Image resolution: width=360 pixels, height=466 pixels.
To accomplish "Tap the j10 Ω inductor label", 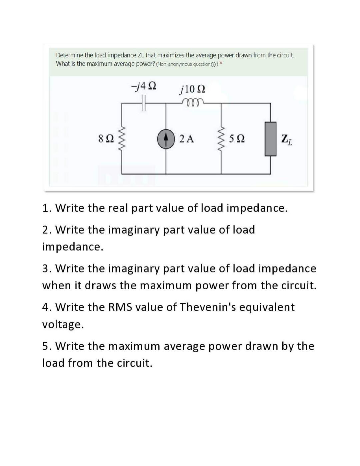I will click(192, 89).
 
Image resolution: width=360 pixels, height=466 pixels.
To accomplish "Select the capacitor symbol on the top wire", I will click(144, 103).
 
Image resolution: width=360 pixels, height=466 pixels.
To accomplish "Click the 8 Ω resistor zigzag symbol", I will click(121, 138).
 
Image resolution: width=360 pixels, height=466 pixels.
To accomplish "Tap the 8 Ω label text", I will click(106, 139).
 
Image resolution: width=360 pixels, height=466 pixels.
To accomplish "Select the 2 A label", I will click(186, 139).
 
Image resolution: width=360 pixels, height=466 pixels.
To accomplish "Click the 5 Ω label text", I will click(237, 139).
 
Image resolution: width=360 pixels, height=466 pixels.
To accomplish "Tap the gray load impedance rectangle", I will click(270, 139).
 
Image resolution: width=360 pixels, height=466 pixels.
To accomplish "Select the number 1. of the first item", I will click(47, 208).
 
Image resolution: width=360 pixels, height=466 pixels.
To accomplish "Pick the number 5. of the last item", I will click(47, 346).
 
